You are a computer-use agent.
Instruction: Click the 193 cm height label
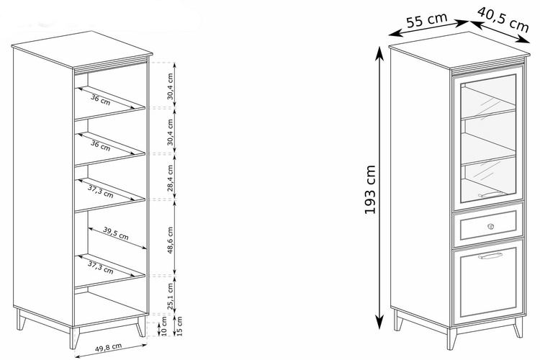[370, 189]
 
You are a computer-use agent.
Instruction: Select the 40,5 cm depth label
[503, 19]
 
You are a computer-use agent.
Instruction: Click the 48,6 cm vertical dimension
[170, 240]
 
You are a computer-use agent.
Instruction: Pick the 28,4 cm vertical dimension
[170, 178]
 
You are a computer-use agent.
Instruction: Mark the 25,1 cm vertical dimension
[170, 296]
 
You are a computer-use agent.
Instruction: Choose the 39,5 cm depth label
[116, 233]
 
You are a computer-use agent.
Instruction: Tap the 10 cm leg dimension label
[164, 326]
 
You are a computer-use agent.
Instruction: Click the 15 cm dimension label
[179, 325]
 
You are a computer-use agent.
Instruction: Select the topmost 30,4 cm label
[170, 86]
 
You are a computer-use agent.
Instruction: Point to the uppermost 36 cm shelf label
[101, 99]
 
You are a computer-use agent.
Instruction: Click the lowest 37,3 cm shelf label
[101, 267]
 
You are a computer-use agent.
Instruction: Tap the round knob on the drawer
[491, 226]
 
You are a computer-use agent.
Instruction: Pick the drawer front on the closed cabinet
[488, 225]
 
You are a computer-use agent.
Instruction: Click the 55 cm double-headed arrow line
[428, 28]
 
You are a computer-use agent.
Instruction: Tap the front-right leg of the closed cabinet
[518, 328]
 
